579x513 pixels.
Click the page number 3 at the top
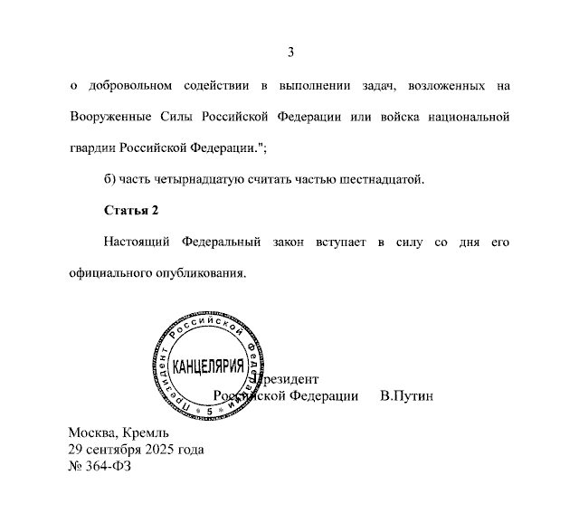(x=290, y=52)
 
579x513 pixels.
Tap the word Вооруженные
(x=105, y=118)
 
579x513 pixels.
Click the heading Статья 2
(x=132, y=211)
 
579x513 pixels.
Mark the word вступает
(x=340, y=242)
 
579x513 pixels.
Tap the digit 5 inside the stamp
(x=208, y=411)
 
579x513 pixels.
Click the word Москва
(x=92, y=432)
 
